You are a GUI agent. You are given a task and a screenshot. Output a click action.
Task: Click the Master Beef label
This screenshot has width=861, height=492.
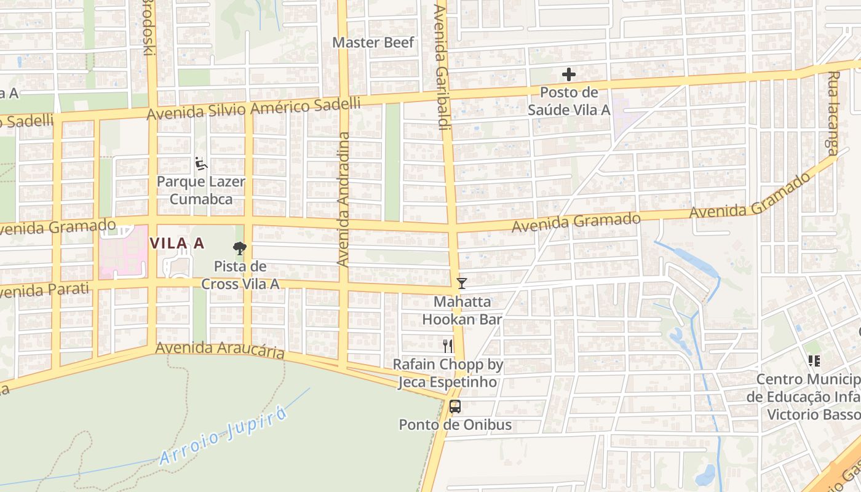373,42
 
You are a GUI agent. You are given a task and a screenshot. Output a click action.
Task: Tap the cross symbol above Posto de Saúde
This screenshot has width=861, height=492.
569,75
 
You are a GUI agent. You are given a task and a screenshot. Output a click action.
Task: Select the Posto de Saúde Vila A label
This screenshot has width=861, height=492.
569,101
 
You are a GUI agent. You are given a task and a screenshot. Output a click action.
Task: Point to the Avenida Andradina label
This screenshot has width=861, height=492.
343,199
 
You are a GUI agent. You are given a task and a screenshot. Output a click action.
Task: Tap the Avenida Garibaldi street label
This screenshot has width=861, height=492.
440,68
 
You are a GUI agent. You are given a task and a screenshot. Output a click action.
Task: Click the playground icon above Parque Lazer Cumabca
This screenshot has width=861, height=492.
201,164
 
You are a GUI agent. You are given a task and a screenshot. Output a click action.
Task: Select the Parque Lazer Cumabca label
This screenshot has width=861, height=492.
201,191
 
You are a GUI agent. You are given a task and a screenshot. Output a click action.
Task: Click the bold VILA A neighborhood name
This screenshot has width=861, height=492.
177,244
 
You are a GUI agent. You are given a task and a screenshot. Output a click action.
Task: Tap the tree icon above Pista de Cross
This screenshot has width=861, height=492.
240,248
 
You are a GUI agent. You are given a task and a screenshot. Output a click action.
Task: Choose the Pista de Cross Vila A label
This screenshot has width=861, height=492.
240,275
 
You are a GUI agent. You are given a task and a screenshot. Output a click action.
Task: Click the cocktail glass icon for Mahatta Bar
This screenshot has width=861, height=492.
462,284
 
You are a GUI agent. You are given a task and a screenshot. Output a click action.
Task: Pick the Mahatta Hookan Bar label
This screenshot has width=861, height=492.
462,311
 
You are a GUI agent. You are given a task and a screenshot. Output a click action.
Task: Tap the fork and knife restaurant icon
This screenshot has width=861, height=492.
448,346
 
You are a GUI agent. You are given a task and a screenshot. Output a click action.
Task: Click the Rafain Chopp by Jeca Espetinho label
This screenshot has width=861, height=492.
448,373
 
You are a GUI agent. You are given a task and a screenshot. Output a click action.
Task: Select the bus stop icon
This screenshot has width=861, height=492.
455,407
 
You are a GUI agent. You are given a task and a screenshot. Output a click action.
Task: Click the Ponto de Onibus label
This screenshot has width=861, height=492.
455,425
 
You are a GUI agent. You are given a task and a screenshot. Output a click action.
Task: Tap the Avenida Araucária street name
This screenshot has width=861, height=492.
220,349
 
